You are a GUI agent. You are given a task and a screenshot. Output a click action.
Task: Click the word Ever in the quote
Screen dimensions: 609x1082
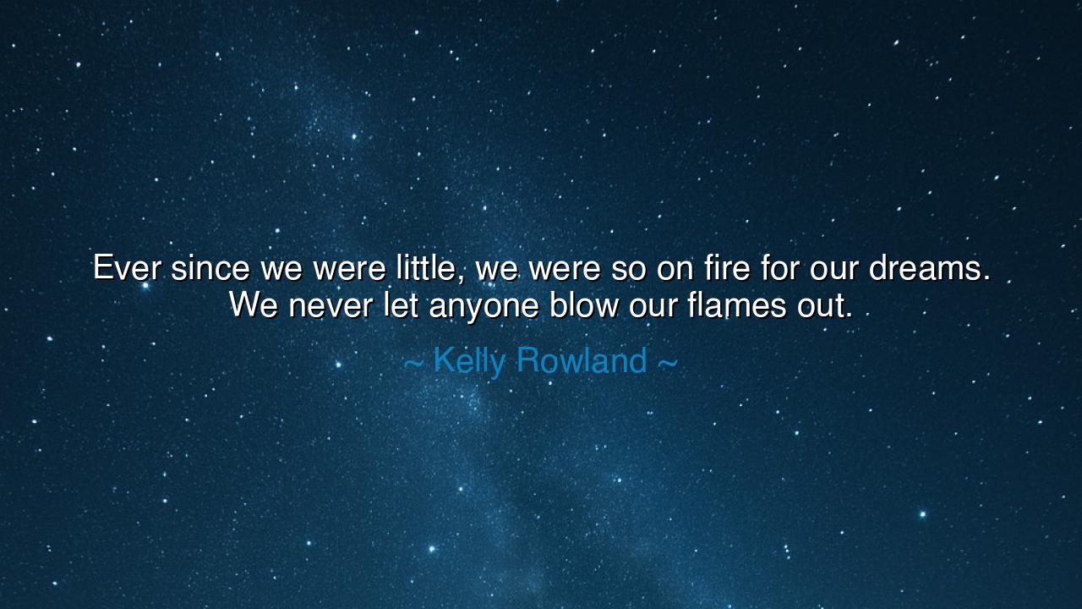pos(127,268)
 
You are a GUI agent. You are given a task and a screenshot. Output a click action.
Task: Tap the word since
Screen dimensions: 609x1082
pos(210,268)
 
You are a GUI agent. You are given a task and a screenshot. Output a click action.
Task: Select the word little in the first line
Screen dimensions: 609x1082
pos(427,268)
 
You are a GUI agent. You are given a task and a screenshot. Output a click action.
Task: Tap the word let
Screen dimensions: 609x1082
pos(401,305)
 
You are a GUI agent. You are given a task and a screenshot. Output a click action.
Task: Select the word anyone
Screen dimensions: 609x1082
pos(484,305)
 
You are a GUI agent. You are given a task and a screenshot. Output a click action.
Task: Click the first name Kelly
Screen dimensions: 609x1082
pos(469,361)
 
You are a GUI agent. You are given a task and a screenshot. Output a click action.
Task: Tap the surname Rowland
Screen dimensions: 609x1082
pos(582,361)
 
